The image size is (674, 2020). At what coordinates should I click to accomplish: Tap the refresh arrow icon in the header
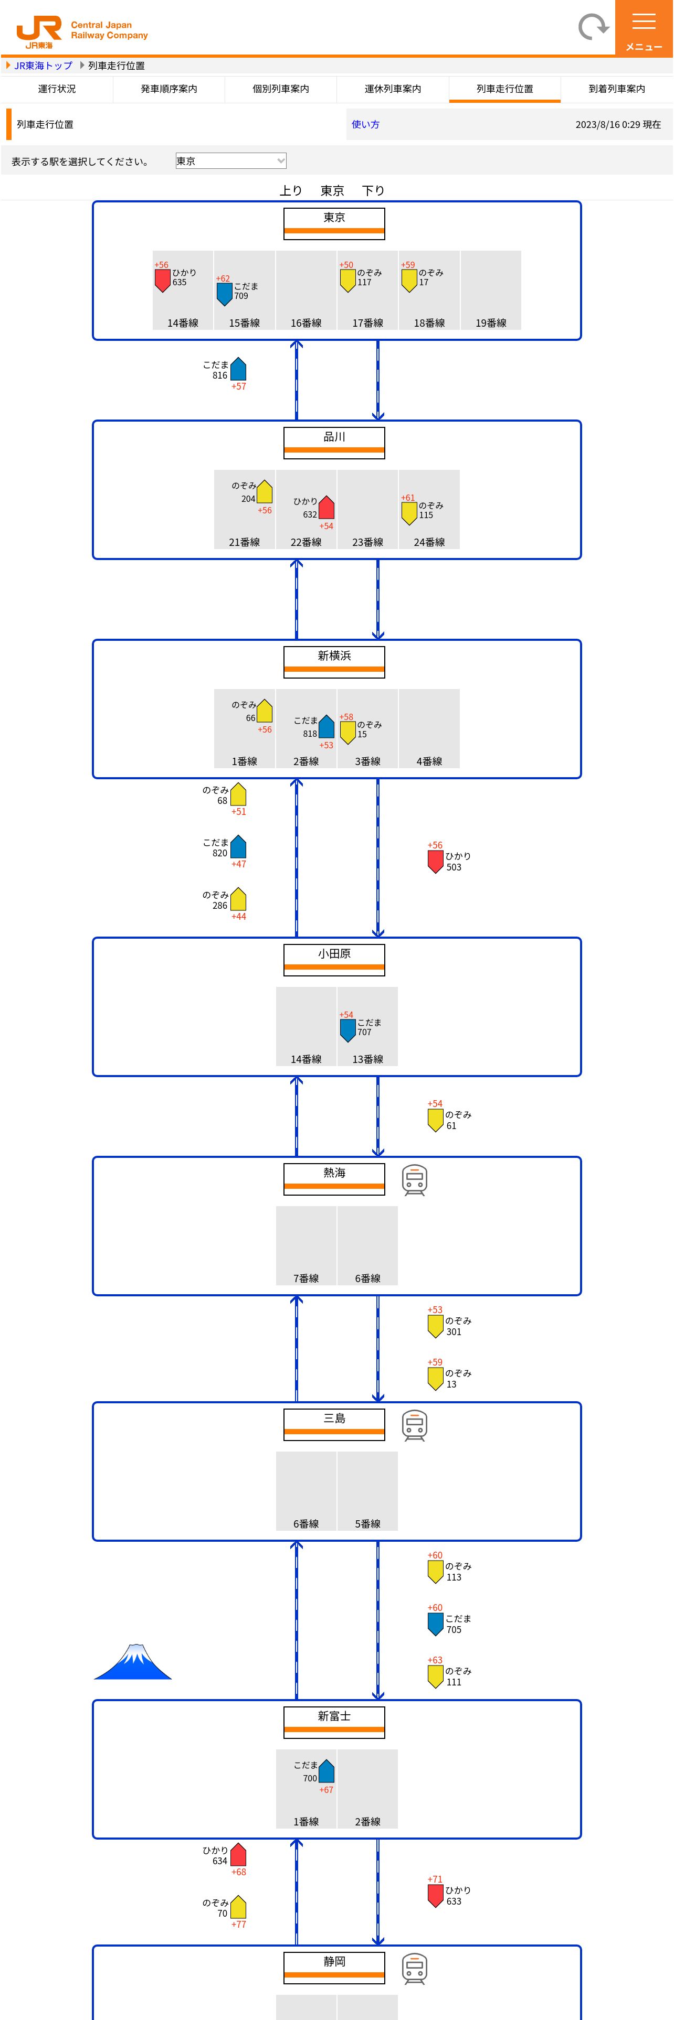coord(593,27)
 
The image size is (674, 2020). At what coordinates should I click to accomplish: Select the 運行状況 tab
coord(57,89)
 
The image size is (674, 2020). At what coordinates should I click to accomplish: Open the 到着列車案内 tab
coord(617,89)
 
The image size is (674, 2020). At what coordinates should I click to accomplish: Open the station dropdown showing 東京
coord(230,162)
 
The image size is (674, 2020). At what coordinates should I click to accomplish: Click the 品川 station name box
coord(334,442)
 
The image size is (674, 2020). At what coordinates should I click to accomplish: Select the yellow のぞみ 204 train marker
coord(265,492)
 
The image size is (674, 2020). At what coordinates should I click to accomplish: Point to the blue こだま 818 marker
coord(327,727)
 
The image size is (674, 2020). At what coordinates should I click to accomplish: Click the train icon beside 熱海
coord(414,1179)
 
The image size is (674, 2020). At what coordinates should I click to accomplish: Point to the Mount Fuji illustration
coord(133,1662)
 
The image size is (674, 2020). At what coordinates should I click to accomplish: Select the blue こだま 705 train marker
coord(436,1623)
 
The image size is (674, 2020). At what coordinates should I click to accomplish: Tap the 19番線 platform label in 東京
coord(491,323)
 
